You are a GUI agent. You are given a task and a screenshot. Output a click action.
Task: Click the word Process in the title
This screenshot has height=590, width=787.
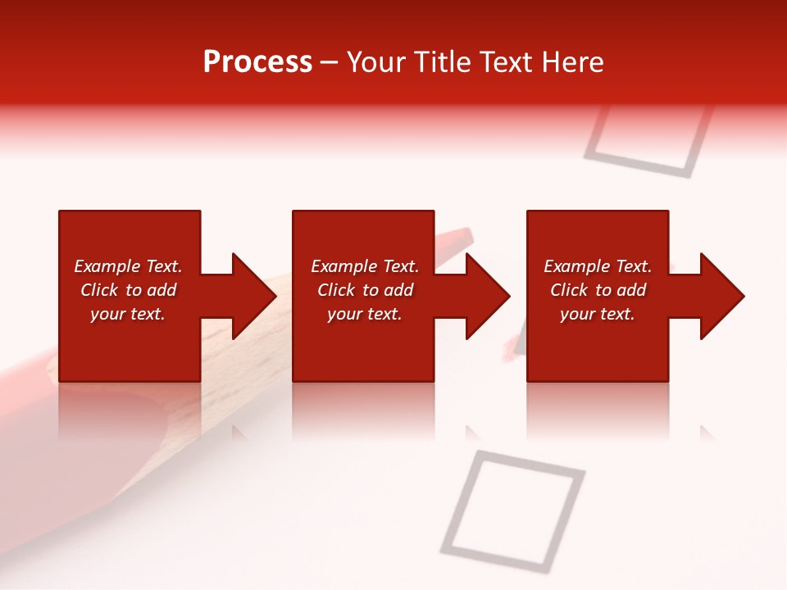(x=257, y=61)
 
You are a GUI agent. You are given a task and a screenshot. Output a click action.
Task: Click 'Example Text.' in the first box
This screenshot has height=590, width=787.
(x=128, y=266)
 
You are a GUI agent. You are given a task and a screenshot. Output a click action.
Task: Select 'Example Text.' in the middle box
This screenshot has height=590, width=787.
(x=365, y=266)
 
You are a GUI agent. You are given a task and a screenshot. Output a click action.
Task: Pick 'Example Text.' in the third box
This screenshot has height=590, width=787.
(x=598, y=266)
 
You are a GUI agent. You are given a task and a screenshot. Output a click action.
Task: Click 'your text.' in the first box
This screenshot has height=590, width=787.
(x=128, y=314)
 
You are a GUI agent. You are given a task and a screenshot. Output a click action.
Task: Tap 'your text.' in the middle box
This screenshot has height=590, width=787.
(x=365, y=314)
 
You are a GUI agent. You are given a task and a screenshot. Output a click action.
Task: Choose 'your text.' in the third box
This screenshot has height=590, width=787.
(x=598, y=314)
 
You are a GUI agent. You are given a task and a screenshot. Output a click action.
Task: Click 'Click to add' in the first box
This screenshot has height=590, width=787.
(x=128, y=290)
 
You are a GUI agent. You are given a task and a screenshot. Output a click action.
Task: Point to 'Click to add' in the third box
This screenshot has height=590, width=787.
(x=598, y=290)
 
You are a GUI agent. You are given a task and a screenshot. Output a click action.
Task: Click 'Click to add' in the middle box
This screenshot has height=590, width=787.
(x=365, y=290)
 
